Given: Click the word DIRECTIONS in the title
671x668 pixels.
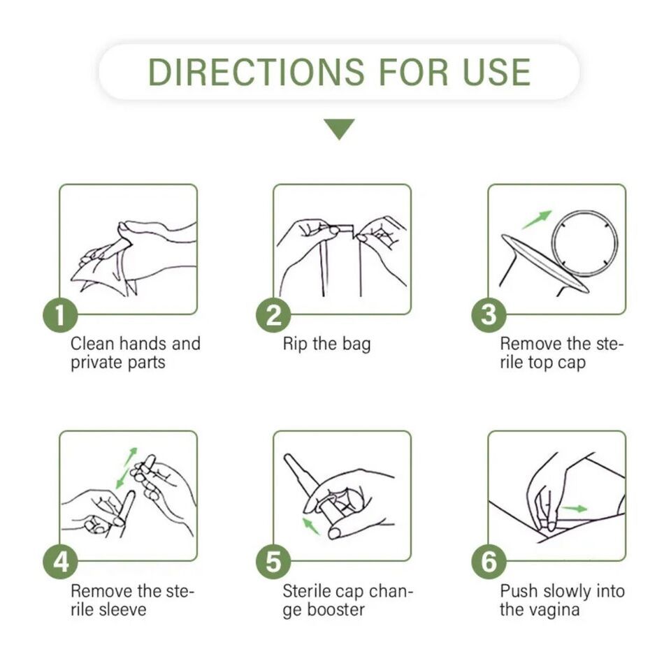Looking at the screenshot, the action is [256, 71].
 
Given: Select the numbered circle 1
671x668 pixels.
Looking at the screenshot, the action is [60, 315].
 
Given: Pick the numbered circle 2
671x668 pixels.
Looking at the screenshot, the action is [273, 315].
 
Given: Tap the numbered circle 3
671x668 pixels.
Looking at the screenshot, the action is [489, 315].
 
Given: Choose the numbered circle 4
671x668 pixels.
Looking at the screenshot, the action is [60, 562].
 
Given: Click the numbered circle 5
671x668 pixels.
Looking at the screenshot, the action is [273, 562].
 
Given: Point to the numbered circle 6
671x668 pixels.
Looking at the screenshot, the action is [489, 562].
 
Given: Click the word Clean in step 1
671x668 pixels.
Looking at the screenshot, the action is [92, 344].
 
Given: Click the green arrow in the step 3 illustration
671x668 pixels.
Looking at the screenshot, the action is [537, 219].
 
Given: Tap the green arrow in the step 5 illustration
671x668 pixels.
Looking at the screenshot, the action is [312, 526].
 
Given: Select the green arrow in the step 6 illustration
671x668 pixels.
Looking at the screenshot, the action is [575, 509].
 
